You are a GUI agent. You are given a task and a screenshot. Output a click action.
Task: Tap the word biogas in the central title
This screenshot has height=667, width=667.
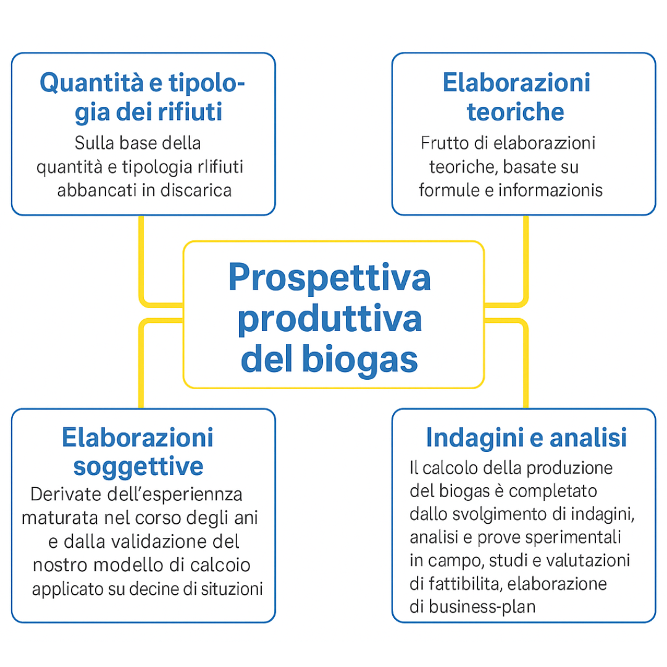(359, 359)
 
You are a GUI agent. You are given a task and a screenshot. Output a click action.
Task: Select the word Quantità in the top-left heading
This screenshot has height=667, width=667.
(91, 83)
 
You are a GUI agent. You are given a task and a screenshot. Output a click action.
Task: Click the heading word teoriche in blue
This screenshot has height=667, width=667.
(516, 112)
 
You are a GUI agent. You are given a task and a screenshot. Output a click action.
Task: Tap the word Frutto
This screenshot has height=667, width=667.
(445, 143)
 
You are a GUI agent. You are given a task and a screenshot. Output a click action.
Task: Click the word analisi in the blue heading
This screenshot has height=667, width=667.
(589, 437)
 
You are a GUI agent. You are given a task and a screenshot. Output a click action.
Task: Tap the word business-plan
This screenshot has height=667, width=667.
(482, 606)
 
